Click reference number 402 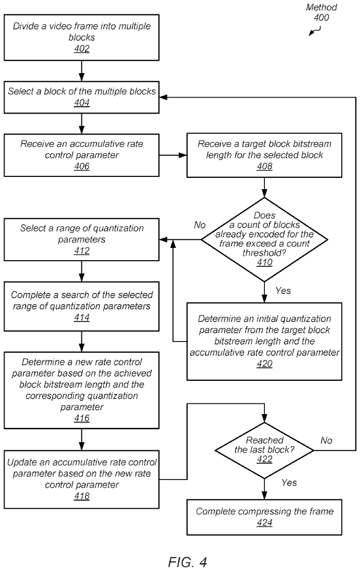(82, 49)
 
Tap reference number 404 (82, 103)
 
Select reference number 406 (82, 167)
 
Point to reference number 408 (264, 167)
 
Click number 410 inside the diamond (264, 263)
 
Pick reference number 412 (82, 251)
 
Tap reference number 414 (82, 317)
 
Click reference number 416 (82, 419)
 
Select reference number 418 (82, 496)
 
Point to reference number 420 (264, 364)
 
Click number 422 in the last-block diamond (264, 459)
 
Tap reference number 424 (264, 523)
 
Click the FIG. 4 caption (188, 562)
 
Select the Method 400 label (321, 12)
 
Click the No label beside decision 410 (199, 225)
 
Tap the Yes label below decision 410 (283, 290)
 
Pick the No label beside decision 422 (326, 441)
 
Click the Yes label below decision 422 (289, 483)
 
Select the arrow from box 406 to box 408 (173, 155)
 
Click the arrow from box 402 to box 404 (82, 71)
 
